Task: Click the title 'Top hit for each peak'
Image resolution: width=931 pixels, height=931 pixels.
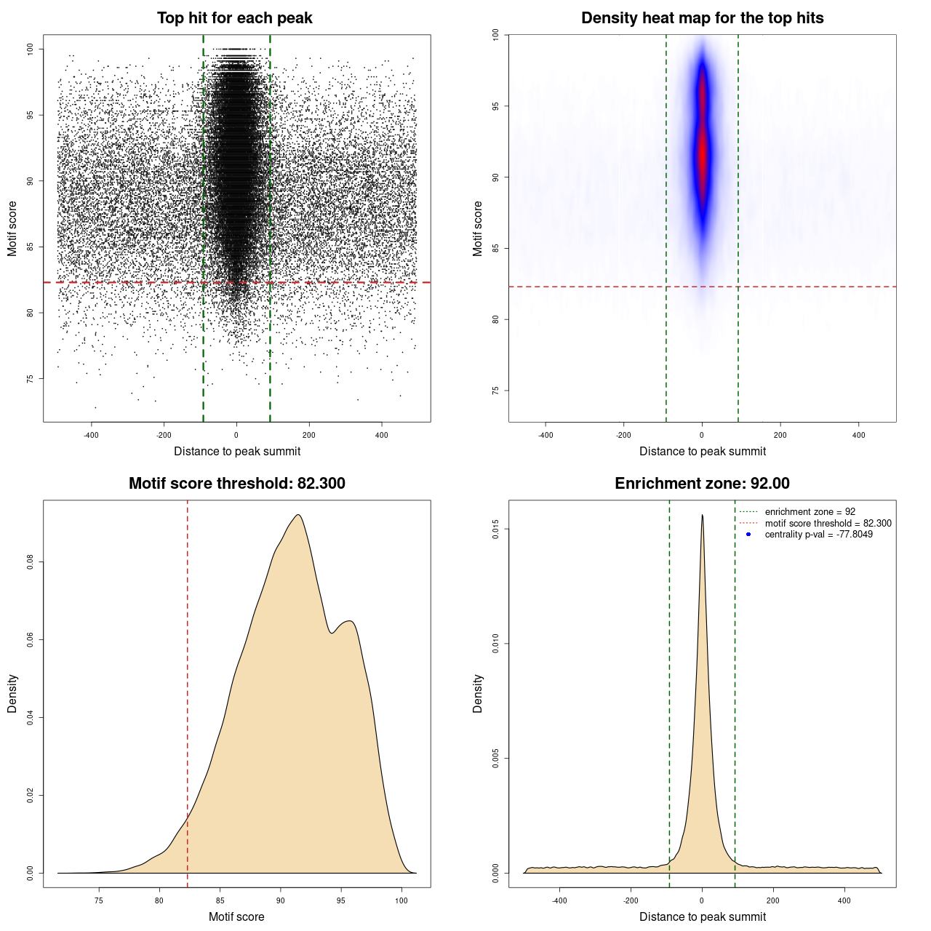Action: (x=234, y=18)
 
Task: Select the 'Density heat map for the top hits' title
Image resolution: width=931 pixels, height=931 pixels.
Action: (x=702, y=18)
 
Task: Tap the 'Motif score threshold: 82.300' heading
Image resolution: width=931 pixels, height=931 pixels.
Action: (x=236, y=484)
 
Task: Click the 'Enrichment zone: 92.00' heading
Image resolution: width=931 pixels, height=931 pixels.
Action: (x=702, y=484)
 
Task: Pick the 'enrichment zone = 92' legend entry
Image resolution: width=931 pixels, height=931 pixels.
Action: (x=810, y=512)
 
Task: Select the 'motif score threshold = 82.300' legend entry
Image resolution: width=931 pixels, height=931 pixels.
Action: (x=828, y=523)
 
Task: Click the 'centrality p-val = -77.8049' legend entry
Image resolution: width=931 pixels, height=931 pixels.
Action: (x=818, y=535)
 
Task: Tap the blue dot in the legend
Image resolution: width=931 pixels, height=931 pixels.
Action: (x=748, y=535)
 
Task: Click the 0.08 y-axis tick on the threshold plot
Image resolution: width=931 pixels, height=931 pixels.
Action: (x=30, y=562)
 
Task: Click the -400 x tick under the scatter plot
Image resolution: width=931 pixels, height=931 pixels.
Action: (x=91, y=435)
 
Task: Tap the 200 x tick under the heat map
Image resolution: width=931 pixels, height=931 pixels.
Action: (x=780, y=435)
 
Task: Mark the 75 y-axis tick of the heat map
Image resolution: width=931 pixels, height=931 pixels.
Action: (x=495, y=391)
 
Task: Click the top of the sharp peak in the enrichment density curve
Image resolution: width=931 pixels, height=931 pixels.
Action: (x=702, y=515)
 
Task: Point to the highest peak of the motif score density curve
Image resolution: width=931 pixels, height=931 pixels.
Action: (x=297, y=515)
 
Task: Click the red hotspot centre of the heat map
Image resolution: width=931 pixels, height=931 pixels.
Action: (x=703, y=149)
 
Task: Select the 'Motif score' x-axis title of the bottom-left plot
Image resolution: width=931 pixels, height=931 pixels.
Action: (x=236, y=916)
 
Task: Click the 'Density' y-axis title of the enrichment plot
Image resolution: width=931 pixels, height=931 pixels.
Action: (x=478, y=693)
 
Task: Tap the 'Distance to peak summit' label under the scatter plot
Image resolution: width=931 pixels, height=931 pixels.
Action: (x=237, y=451)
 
